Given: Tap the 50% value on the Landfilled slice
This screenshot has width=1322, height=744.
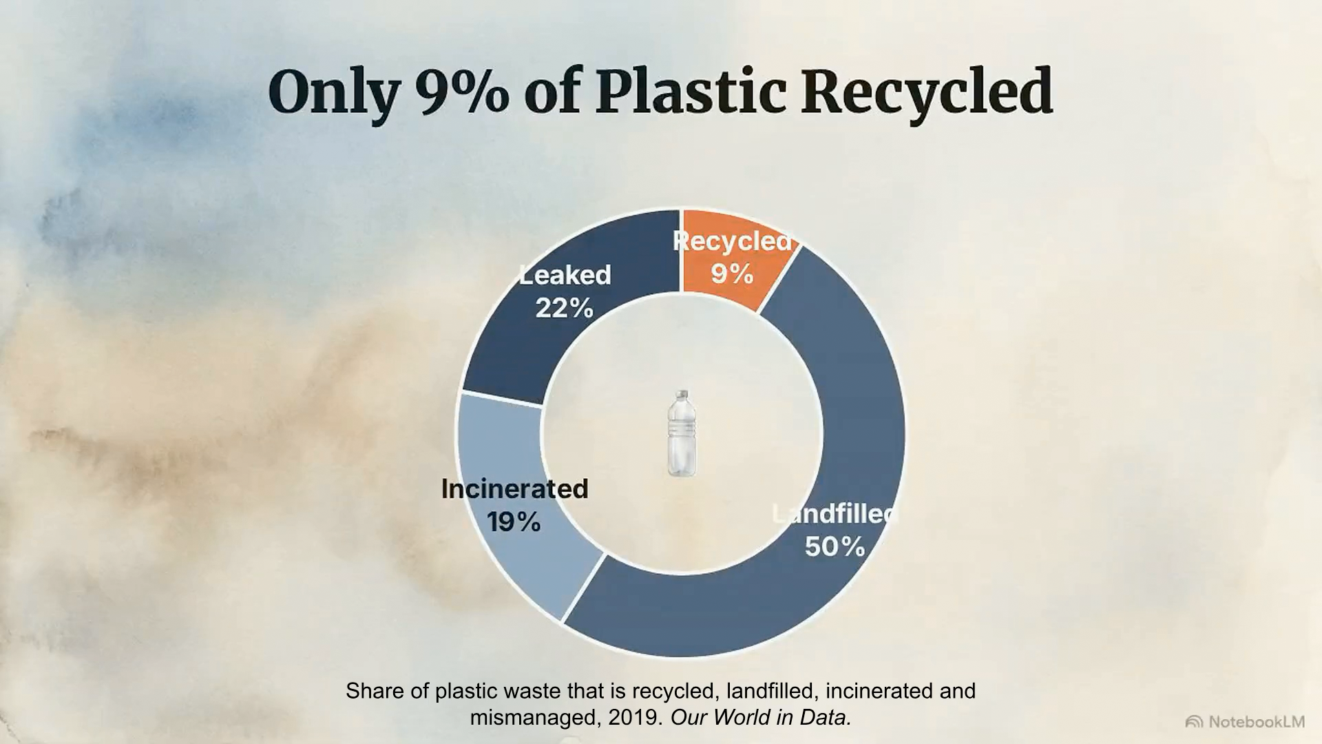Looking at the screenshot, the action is coord(835,546).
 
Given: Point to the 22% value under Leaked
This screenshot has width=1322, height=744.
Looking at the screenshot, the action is coord(564,308).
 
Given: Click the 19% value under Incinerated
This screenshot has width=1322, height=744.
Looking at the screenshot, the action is coord(514,521).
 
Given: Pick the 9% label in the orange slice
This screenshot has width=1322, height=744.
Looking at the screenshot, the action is coord(732,273).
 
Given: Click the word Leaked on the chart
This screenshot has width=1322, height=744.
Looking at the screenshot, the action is coord(565,275).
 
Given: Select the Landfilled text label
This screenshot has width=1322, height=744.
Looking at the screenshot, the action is coord(835,513).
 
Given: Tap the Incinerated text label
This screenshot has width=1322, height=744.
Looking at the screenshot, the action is coord(514,488).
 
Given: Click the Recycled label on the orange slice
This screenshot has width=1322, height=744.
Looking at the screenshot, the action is coord(733,240).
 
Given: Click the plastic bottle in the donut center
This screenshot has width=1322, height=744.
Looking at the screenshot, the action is coord(681,433).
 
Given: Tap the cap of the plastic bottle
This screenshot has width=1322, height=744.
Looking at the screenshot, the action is coord(682,395).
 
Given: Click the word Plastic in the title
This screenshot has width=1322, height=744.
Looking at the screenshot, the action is coord(691,92).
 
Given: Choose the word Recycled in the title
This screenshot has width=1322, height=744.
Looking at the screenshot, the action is coord(927,93).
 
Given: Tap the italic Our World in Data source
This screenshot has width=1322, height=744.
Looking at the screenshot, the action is coord(761,718).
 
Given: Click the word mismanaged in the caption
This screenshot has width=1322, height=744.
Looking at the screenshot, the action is coord(533,718).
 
